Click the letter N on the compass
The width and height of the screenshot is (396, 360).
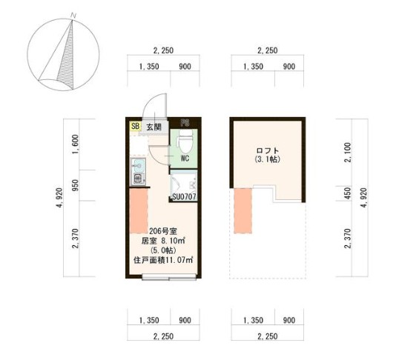72,14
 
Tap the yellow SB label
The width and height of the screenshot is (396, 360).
135,127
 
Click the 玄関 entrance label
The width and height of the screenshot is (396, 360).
154,127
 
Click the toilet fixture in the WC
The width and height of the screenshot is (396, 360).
186,140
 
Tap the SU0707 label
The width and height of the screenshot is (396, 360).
184,197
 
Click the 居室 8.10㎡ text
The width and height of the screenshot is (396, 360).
162,240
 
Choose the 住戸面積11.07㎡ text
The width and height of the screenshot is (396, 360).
163,260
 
